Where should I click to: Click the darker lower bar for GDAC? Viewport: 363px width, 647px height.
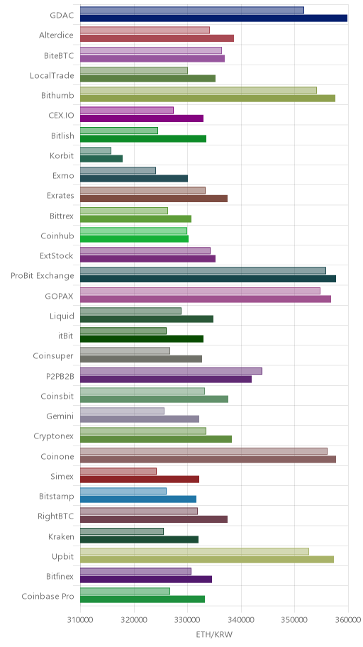click(x=213, y=18)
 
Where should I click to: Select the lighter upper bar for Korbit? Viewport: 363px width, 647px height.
click(x=96, y=150)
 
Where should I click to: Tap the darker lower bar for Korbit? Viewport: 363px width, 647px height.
click(x=101, y=158)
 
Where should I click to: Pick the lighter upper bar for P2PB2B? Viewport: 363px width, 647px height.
click(x=171, y=371)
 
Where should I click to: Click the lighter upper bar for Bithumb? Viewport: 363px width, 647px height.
click(x=199, y=90)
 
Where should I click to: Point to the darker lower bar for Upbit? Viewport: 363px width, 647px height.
click(x=206, y=560)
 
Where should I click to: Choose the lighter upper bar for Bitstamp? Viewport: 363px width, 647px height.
click(x=123, y=491)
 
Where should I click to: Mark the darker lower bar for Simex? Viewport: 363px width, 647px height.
click(x=140, y=479)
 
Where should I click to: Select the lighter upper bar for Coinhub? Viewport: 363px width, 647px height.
click(x=134, y=231)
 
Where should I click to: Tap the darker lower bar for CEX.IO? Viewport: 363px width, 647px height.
click(x=142, y=118)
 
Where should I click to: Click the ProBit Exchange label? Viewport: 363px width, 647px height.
click(x=43, y=276)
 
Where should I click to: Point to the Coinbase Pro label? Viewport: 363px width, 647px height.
click(x=48, y=596)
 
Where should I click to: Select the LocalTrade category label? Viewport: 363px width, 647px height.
click(x=52, y=75)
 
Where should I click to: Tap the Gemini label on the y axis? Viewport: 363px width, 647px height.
click(x=60, y=416)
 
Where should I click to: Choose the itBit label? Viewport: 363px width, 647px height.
click(x=66, y=336)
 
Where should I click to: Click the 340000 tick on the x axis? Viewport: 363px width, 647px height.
click(x=241, y=619)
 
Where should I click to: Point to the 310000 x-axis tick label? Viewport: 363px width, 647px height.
click(x=80, y=619)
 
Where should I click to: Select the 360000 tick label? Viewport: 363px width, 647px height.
click(x=348, y=619)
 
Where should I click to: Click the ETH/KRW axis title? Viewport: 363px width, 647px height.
click(x=214, y=634)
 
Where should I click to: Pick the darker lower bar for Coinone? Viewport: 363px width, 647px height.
click(x=208, y=459)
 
